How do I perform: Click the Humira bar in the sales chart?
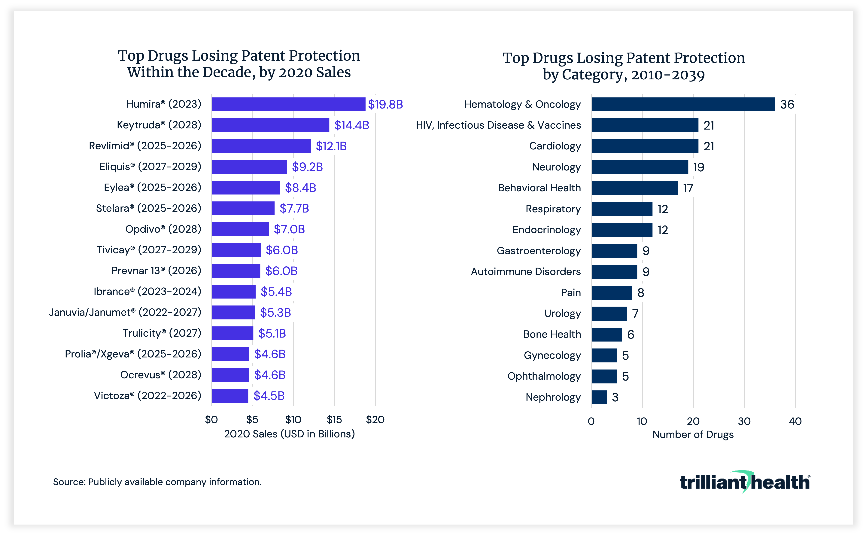tap(288, 104)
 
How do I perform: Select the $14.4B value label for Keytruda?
tap(351, 125)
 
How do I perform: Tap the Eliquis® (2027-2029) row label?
tap(150, 167)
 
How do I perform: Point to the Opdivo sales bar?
tap(240, 229)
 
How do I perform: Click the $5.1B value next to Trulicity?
tap(272, 333)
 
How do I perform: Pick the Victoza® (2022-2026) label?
tap(147, 396)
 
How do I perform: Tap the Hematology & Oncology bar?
tap(683, 104)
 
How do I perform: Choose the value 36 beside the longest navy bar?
tap(787, 105)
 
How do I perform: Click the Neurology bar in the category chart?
tap(640, 167)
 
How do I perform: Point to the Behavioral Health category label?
tap(539, 188)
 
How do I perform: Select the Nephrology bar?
tap(599, 397)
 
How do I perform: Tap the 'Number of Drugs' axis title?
tap(693, 435)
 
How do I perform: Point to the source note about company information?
tap(157, 482)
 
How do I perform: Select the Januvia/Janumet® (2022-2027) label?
tap(125, 312)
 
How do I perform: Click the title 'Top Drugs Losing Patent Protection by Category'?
tap(624, 66)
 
